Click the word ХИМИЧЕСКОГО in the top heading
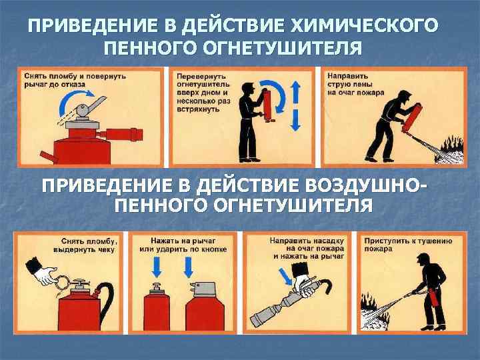click(364, 25)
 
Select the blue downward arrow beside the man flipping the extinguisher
click(295, 120)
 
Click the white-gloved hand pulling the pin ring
click(46, 274)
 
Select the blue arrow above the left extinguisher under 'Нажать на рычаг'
click(157, 267)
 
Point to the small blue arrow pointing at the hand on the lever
click(285, 277)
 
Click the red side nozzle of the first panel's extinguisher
click(121, 135)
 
